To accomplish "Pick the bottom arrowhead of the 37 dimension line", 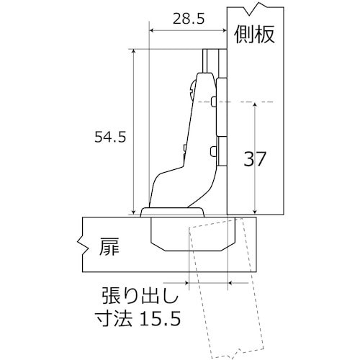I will [255, 212].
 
